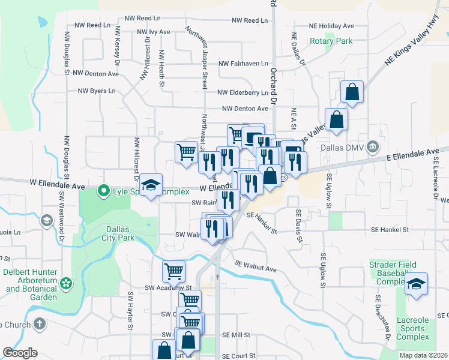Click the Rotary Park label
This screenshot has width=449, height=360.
(x=331, y=41)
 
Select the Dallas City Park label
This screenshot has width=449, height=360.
(x=121, y=233)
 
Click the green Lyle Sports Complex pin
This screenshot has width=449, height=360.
(x=103, y=192)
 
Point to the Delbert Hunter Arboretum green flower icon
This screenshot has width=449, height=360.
(x=66, y=282)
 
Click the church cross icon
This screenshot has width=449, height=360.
(x=40, y=325)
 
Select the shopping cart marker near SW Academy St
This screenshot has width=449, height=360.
(x=173, y=271)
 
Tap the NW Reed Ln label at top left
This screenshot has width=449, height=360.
(x=92, y=26)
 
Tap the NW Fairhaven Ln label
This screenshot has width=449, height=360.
(x=244, y=63)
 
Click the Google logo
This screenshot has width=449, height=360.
(x=20, y=353)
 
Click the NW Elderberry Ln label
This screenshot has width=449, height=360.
(x=243, y=93)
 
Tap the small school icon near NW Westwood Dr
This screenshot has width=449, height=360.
(x=46, y=221)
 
